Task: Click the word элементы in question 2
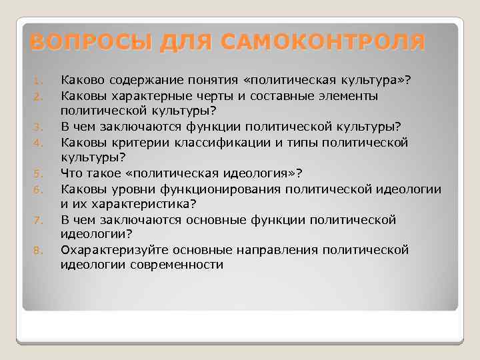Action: pos(350,97)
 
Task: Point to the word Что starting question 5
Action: pos(71,173)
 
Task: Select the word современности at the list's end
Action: pos(179,265)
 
